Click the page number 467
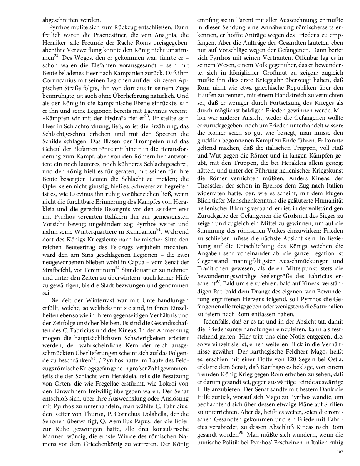pyautogui.click(x=339, y=451)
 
